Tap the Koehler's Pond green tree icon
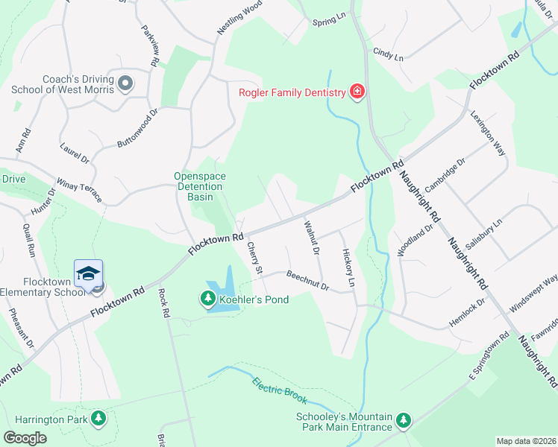point(207,300)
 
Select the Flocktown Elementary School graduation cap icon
point(88,273)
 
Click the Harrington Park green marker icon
point(98,422)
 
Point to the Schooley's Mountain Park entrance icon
point(404,421)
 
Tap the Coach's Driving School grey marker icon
point(125,83)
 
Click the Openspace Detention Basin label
point(200,186)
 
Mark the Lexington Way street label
point(489,133)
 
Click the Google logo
point(25,438)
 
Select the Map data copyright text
point(526,441)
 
